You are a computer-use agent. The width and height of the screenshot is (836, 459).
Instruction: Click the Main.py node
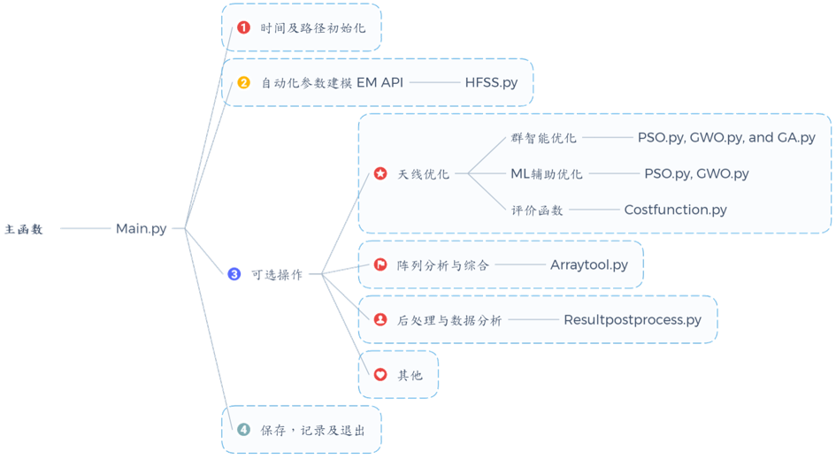pyautogui.click(x=141, y=229)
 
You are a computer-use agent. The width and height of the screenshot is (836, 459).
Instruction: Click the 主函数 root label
pyautogui.click(x=24, y=230)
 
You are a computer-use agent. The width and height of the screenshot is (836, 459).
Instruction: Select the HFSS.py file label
pyautogui.click(x=491, y=82)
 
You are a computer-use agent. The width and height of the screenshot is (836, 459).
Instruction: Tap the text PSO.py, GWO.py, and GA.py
pyautogui.click(x=726, y=138)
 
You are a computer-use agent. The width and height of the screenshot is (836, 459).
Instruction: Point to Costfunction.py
pyautogui.click(x=675, y=210)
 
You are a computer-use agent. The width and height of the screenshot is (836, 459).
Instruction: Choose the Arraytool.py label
pyautogui.click(x=588, y=264)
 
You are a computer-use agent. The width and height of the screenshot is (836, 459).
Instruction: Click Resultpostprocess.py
pyautogui.click(x=632, y=320)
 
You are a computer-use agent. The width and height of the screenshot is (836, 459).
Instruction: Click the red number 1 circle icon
pyautogui.click(x=244, y=27)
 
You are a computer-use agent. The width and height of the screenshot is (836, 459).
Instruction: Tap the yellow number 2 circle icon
pyautogui.click(x=244, y=82)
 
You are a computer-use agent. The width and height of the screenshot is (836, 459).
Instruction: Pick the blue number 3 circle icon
pyautogui.click(x=234, y=274)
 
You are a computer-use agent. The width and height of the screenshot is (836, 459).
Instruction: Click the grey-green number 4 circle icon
pyautogui.click(x=244, y=430)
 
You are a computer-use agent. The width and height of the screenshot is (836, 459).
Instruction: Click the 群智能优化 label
pyautogui.click(x=543, y=139)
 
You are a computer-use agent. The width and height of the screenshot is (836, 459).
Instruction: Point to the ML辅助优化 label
pyautogui.click(x=546, y=174)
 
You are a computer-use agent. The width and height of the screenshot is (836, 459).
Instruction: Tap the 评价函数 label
pyautogui.click(x=536, y=210)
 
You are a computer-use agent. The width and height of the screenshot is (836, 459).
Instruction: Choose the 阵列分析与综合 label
pyautogui.click(x=442, y=265)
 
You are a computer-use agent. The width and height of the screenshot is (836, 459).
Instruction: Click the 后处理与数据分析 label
pyautogui.click(x=449, y=320)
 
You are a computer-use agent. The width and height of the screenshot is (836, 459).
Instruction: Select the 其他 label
pyautogui.click(x=410, y=375)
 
